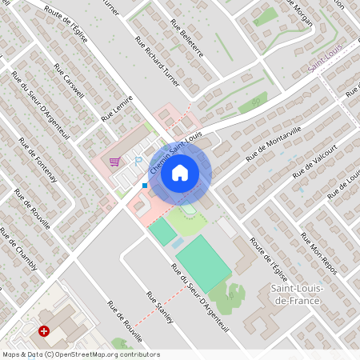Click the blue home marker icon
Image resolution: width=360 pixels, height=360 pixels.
point(180,173)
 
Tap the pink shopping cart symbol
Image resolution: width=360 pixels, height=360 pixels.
point(115,161)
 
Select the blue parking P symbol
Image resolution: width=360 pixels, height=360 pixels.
point(138,161)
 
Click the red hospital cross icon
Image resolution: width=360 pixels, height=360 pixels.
point(45,330)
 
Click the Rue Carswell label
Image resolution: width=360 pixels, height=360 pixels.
point(69,81)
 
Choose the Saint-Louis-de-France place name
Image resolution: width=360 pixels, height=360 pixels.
point(296,294)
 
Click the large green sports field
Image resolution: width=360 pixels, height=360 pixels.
point(203,263)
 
